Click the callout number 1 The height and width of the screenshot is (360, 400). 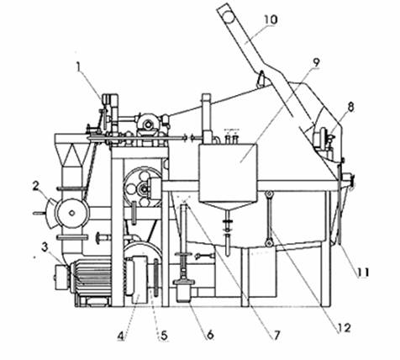coord(79,67)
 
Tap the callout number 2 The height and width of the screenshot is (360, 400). coord(35,187)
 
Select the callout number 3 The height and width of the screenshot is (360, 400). coord(45,247)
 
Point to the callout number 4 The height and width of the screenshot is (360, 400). coord(121,335)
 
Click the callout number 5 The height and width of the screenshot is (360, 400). coord(164,335)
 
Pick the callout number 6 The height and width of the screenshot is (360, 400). coord(210,335)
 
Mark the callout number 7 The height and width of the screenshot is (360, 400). coord(276,335)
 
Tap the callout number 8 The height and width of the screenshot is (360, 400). coord(350,108)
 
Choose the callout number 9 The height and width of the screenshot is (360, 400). coord(316,62)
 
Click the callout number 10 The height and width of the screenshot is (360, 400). coord(271,19)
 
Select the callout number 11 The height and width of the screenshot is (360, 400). coord(363,272)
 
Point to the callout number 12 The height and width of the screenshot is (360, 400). coord(345,328)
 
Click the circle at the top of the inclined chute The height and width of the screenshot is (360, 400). coord(229,17)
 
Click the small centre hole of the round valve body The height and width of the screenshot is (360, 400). coord(72,213)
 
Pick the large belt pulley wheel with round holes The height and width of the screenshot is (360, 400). coord(142,188)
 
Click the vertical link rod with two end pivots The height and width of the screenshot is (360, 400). coord(270,218)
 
